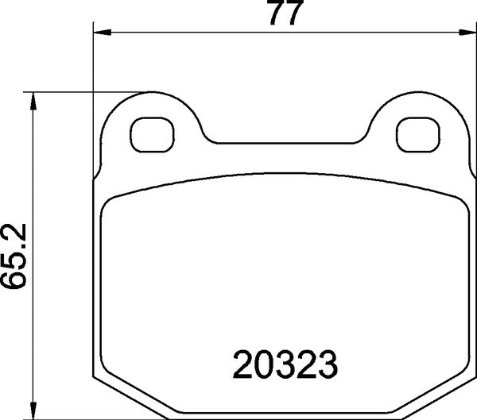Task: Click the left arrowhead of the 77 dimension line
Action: (100, 33)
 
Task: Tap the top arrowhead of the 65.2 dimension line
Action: (33, 98)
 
